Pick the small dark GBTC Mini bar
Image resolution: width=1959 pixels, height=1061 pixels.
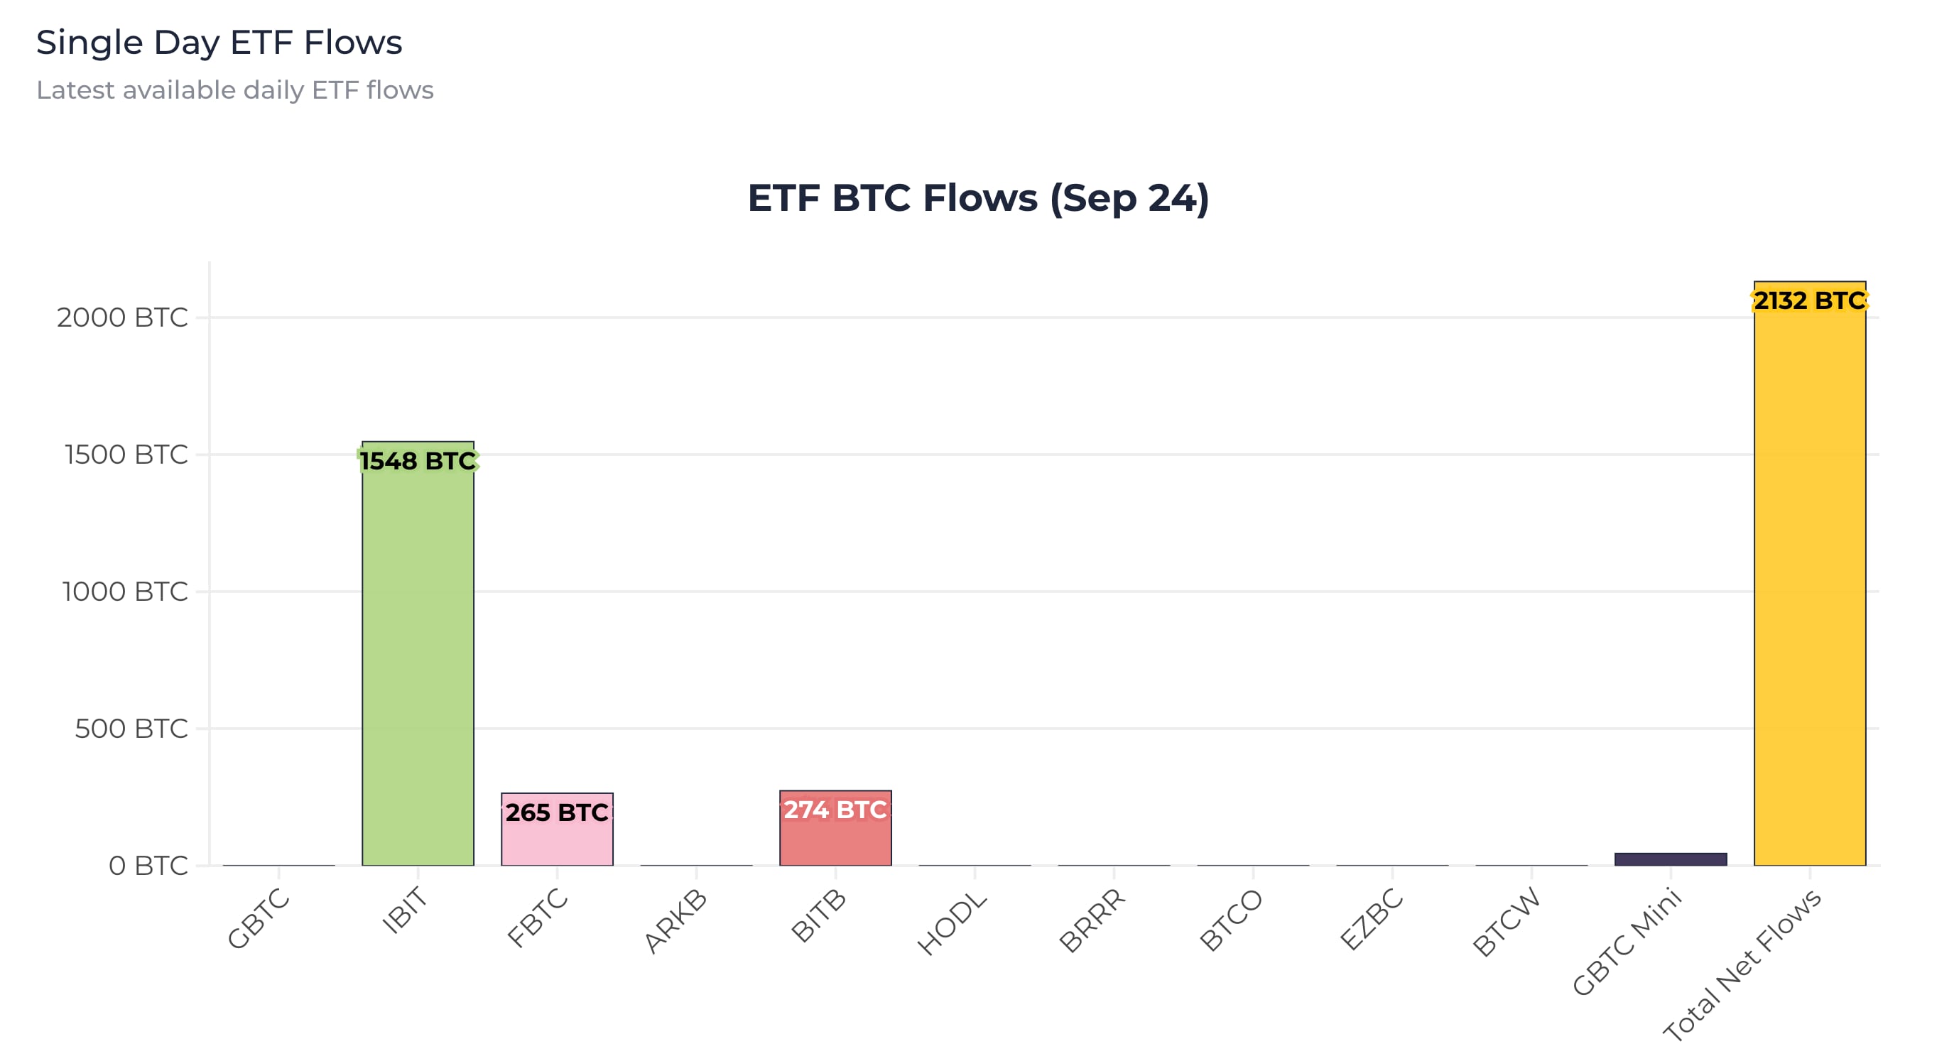1670,859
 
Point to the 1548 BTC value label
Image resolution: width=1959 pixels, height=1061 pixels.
418,461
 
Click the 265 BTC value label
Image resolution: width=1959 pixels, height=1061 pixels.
557,812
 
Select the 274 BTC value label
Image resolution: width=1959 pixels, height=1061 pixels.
835,810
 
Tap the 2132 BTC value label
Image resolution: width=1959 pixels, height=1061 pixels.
1809,300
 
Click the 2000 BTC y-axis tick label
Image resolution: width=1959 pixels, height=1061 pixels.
122,317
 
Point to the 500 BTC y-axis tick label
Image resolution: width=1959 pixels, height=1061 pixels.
131,729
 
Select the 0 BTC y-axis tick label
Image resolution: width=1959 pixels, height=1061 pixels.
148,866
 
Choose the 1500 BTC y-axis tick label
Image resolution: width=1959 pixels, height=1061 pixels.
126,454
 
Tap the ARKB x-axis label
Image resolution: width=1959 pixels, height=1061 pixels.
675,920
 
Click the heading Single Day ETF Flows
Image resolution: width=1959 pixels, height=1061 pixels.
219,43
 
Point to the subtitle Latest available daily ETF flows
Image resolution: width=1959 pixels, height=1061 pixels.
235,89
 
